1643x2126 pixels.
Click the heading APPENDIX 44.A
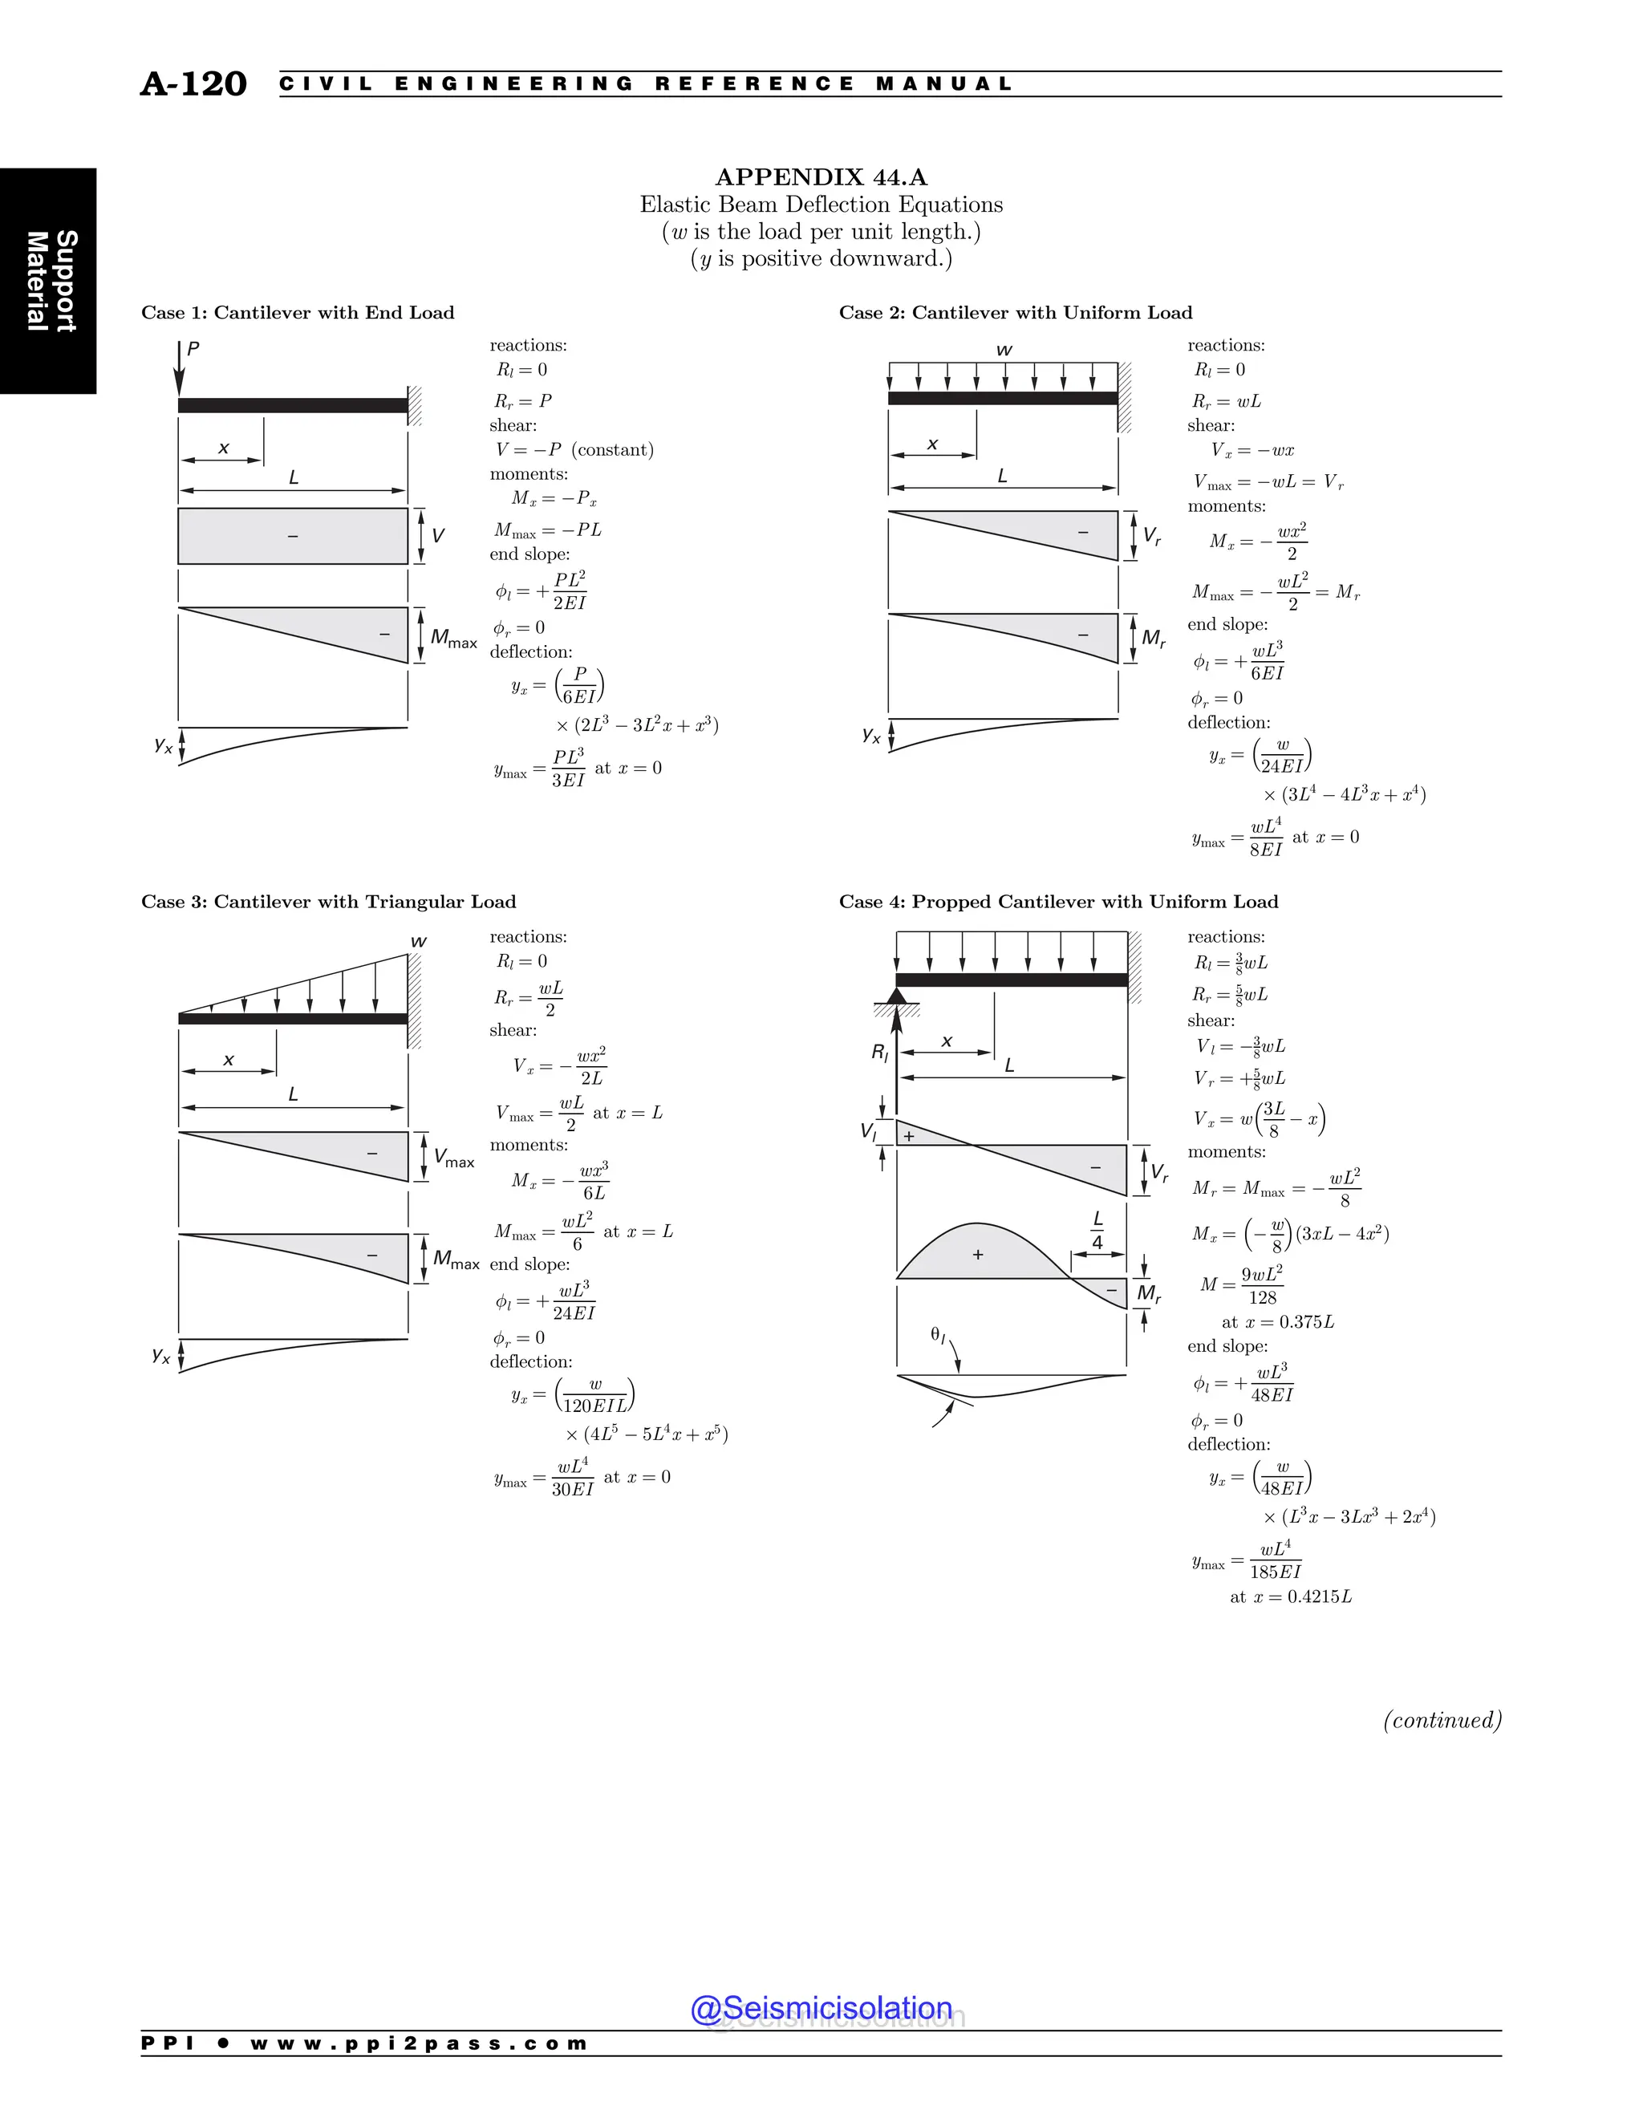coord(821,177)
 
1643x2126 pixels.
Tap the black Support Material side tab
coord(49,282)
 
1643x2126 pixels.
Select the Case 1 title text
coord(298,312)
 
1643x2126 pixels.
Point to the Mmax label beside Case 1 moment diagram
coord(453,639)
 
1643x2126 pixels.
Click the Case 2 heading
coord(1015,312)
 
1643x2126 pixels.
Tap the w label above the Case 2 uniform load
coord(1004,351)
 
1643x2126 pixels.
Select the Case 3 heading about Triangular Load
coord(328,902)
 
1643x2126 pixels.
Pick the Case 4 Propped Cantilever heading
coord(1058,902)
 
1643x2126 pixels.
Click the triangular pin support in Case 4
coord(896,996)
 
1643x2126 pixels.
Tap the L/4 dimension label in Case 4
coord(1098,1231)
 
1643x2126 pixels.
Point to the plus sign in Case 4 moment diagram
coord(978,1255)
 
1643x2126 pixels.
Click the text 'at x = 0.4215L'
coord(1291,1597)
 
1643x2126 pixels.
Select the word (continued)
coord(1442,1720)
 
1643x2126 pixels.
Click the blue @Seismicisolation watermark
coord(821,2007)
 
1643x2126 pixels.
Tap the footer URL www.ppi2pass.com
coord(419,2043)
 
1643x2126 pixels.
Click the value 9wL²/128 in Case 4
coord(1261,1285)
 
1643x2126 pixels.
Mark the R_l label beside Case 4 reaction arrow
coord(880,1053)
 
